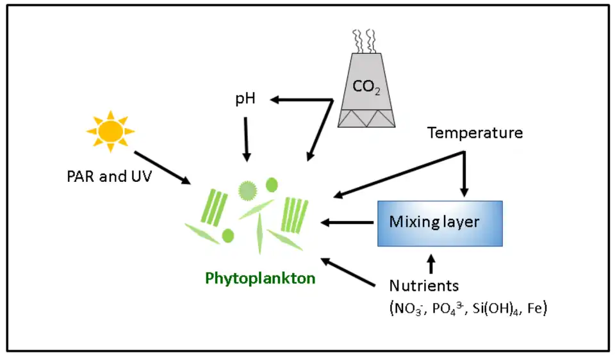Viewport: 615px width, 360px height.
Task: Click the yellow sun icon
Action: click(x=111, y=131)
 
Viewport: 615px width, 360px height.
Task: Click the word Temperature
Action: click(x=475, y=133)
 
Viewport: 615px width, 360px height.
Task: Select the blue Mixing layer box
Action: click(x=439, y=222)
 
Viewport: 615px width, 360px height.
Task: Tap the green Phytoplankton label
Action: click(x=260, y=278)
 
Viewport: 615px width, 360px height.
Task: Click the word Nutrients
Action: click(x=424, y=286)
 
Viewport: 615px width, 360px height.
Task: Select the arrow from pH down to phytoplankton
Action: click(x=247, y=138)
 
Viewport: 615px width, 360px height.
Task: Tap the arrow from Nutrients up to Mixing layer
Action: click(x=430, y=263)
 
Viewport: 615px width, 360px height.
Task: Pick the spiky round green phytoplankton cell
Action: click(x=247, y=190)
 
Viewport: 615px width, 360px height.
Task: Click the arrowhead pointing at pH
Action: click(x=275, y=99)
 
